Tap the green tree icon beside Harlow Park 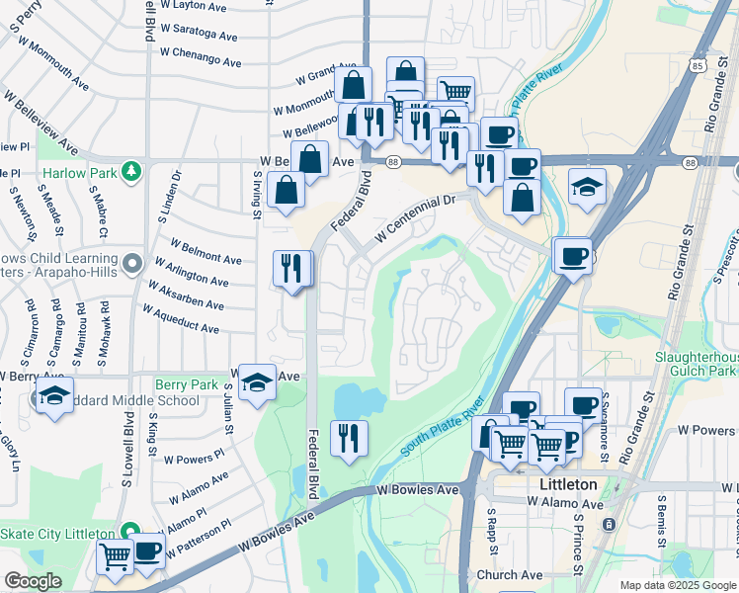point(130,173)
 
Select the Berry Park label point(186,383)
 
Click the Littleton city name point(568,484)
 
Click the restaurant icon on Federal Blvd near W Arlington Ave point(292,269)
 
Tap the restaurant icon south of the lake point(348,438)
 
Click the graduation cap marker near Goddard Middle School point(53,398)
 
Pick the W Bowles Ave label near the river point(418,490)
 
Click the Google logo point(32,581)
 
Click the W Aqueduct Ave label point(181,318)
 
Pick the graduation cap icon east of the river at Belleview point(587,187)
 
